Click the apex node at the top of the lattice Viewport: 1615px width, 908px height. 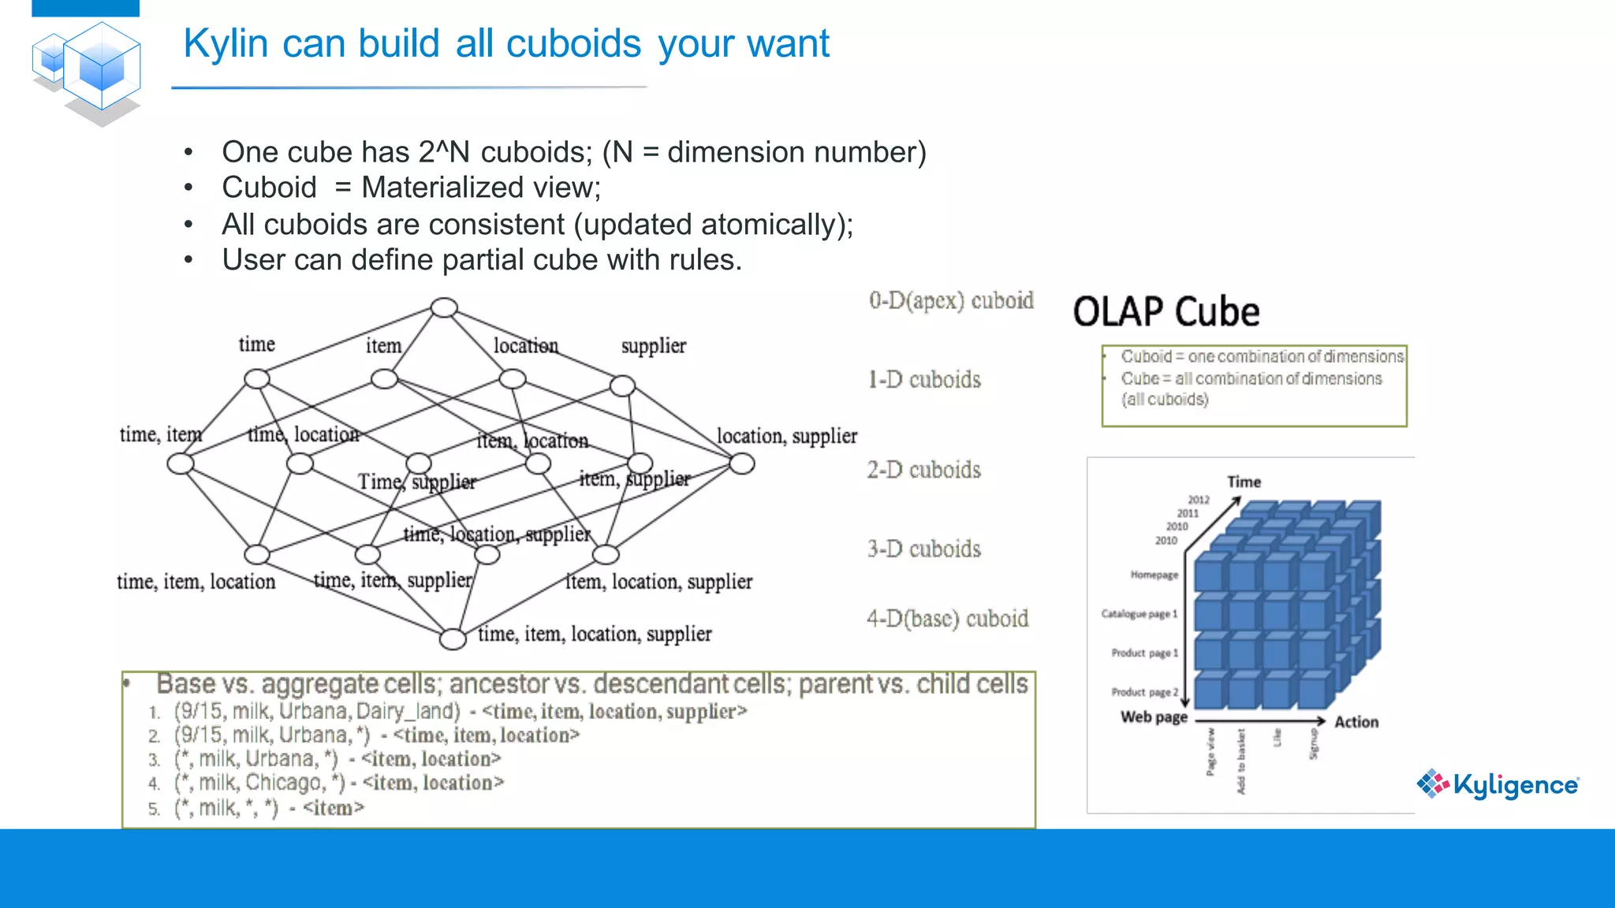point(444,307)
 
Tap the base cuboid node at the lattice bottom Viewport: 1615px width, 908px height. point(453,638)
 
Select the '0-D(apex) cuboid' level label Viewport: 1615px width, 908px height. point(951,300)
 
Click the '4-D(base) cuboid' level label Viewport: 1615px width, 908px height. point(947,619)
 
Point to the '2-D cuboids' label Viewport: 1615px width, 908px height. point(923,470)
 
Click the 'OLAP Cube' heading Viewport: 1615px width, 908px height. point(1166,312)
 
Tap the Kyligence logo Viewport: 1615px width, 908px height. point(1498,784)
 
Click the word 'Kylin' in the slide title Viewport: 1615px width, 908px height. point(226,43)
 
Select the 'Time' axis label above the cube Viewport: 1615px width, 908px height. point(1244,482)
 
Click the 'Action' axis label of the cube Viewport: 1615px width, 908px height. point(1356,722)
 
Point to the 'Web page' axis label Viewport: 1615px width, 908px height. point(1154,717)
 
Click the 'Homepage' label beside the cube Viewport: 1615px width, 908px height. point(1154,575)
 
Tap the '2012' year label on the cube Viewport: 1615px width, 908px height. point(1199,500)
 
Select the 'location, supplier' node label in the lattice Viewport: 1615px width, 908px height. point(786,436)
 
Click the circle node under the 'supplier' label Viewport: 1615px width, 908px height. point(622,385)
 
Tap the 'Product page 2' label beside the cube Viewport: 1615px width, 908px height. point(1144,692)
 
